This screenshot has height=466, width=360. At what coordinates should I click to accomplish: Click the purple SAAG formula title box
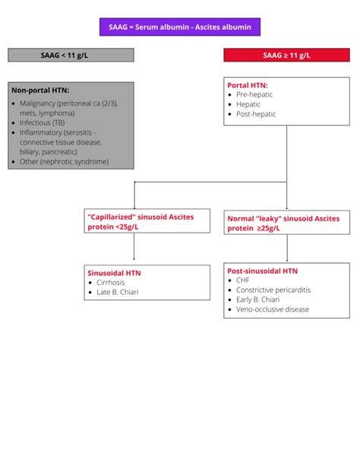pos(179,28)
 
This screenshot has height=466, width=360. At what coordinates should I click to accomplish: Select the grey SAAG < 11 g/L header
pos(71,55)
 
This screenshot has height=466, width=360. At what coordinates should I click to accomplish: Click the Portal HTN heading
pos(248,85)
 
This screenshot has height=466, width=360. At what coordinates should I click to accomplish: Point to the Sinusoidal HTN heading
pos(115,272)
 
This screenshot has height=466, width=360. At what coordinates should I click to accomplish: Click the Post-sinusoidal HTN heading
pos(263,270)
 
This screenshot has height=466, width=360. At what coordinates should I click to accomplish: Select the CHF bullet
pos(243,280)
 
